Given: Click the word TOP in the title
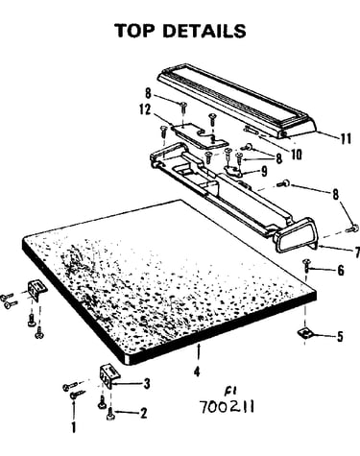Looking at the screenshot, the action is point(134,31).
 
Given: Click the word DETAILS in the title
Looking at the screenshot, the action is point(204,31).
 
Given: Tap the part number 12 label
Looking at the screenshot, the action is point(145,109).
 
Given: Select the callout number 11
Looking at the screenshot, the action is point(345,138).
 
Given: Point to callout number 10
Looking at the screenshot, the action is point(297,155).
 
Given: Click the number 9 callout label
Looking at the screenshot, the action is point(264,171).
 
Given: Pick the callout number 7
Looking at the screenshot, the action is point(357,252).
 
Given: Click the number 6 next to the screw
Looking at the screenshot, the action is point(341,271).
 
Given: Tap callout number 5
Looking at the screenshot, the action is point(340,336).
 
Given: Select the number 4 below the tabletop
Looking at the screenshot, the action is point(197,372).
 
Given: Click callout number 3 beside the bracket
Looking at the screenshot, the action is point(147,383).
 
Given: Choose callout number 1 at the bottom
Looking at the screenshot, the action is point(74,427).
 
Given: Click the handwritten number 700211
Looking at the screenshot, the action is point(227,407).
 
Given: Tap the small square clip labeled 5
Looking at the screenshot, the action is point(304,333).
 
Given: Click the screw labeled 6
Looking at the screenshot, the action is point(306,265).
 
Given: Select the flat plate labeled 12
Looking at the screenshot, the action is point(200,135).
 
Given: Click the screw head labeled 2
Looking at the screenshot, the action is point(110,414).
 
